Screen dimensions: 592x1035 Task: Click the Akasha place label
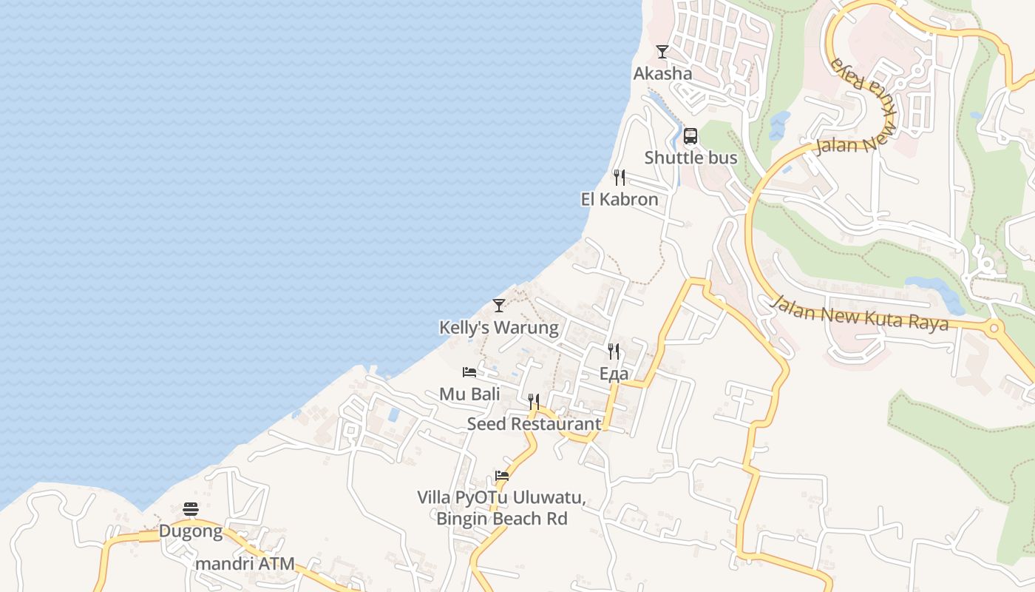point(662,73)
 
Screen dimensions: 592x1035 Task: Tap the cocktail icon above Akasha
point(662,52)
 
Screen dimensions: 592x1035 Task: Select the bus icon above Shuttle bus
point(690,136)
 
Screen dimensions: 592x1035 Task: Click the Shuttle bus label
point(690,158)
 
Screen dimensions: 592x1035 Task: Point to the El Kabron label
point(620,199)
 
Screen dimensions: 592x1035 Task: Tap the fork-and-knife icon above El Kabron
point(620,178)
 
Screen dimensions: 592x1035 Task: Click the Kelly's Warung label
point(499,327)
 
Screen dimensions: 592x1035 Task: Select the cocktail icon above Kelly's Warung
point(499,305)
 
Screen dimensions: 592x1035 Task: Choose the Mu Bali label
point(469,394)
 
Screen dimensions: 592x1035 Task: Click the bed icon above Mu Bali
point(469,372)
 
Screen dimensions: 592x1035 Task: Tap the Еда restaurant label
point(614,373)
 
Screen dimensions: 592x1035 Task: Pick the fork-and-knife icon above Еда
point(614,351)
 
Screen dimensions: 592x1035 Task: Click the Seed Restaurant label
point(534,424)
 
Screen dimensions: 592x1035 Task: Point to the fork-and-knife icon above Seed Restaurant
point(534,402)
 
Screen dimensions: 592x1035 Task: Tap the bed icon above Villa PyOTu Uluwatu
point(502,476)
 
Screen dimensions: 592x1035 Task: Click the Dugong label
point(191,531)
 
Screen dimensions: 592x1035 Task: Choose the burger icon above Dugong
point(191,509)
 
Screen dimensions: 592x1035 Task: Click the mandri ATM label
point(245,564)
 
